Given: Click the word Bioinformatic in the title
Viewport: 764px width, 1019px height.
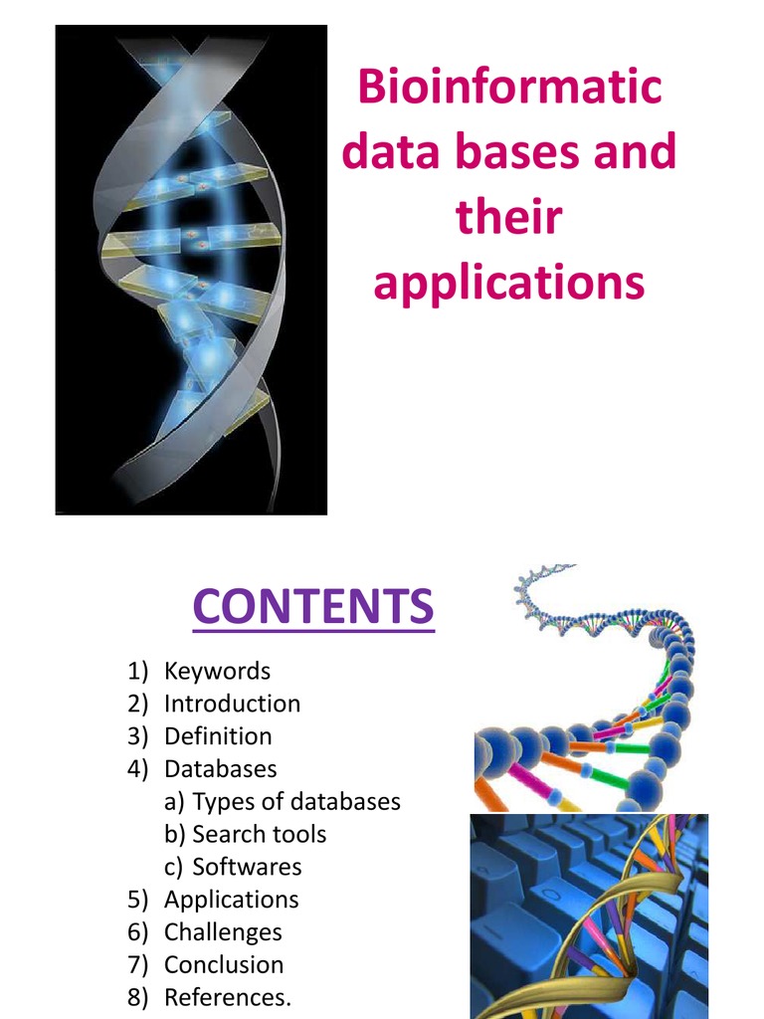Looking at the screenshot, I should [x=509, y=87].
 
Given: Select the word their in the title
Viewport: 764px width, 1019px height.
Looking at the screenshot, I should [x=508, y=218].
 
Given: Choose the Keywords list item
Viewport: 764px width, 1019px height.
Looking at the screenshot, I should [x=217, y=671].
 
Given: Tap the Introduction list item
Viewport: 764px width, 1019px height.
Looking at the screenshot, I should [x=232, y=704].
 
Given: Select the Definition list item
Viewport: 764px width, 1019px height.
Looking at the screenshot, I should [x=218, y=736].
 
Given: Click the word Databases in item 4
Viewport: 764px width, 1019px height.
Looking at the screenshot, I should [x=220, y=769].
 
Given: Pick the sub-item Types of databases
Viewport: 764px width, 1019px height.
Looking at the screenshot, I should [x=295, y=801].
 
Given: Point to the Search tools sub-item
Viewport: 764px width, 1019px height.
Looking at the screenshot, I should [x=259, y=834].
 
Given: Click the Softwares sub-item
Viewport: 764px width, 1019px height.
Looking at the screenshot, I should [x=246, y=867].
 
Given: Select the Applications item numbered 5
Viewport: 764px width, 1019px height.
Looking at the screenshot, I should [x=231, y=900].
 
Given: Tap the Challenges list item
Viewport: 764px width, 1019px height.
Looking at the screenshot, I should [x=223, y=932].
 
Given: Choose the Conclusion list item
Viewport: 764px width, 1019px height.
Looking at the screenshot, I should [x=224, y=965].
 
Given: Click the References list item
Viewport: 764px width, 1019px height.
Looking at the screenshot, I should [x=228, y=997].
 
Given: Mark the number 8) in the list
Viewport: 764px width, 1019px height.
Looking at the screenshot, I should [x=137, y=997].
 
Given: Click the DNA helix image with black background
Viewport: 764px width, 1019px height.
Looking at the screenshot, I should [x=191, y=270].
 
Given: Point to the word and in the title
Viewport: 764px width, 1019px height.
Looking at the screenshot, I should [x=638, y=152].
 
